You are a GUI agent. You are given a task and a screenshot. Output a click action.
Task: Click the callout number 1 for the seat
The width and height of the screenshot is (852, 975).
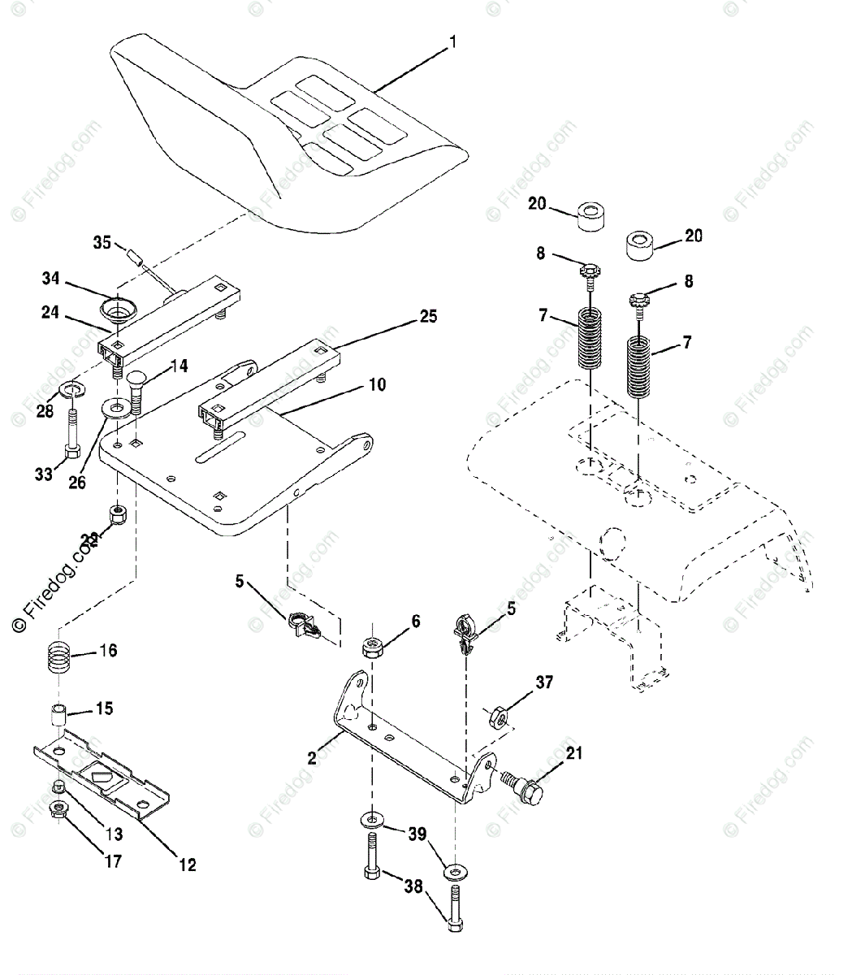[x=453, y=41]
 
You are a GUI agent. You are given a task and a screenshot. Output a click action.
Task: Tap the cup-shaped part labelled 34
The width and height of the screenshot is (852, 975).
[x=119, y=311]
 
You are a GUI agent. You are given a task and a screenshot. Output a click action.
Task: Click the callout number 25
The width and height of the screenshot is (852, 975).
[x=427, y=316]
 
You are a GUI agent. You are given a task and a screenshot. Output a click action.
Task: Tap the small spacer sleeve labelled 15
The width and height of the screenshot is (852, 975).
[x=56, y=719]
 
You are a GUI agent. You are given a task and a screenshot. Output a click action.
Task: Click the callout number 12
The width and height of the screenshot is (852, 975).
[x=187, y=865]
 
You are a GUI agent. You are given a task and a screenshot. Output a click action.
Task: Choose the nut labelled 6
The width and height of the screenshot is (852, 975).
[x=374, y=648]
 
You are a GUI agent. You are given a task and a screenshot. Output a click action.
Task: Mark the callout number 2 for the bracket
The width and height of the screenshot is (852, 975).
[x=312, y=759]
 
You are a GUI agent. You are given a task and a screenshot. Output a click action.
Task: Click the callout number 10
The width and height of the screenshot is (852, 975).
[x=378, y=383]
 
